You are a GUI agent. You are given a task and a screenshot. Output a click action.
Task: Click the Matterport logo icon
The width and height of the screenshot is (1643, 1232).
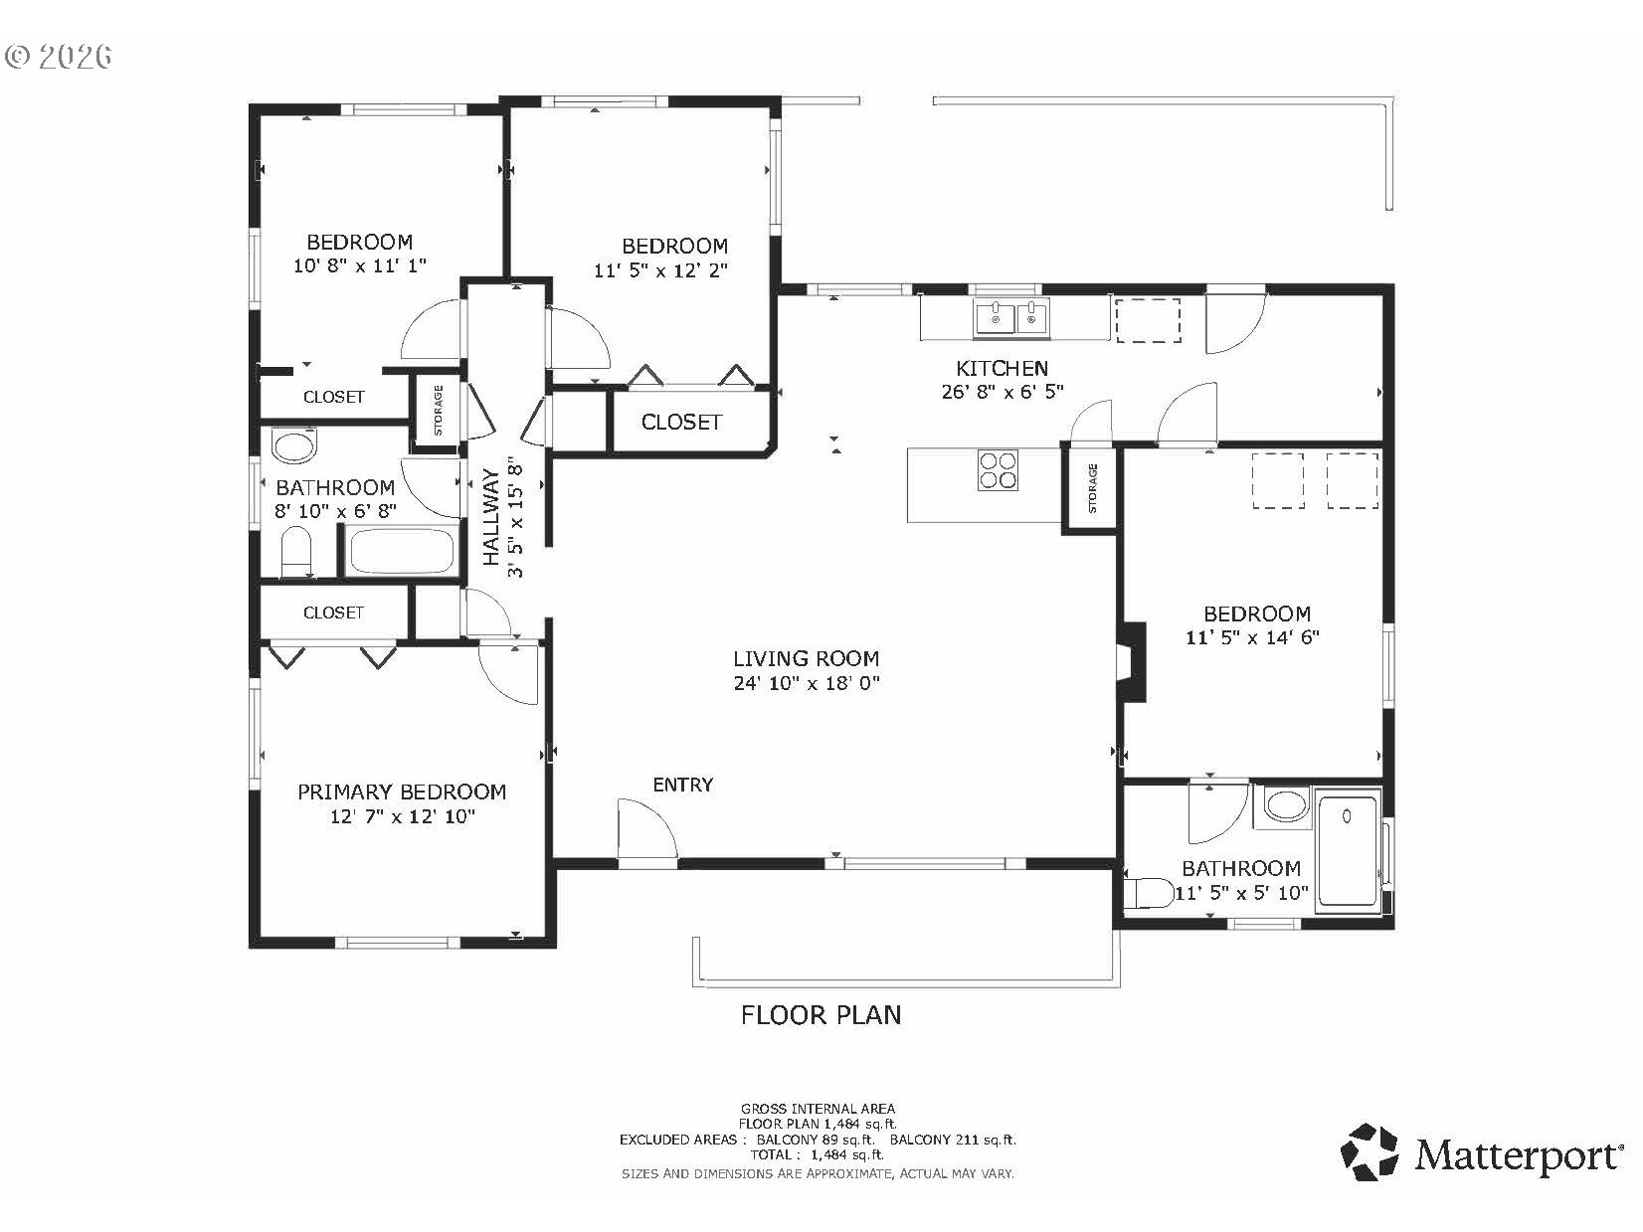[1369, 1153]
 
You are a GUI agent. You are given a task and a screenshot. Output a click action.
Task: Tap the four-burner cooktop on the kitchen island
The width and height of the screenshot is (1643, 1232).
[998, 469]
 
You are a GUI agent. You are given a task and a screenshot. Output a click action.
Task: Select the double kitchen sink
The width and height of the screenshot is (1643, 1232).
[1011, 317]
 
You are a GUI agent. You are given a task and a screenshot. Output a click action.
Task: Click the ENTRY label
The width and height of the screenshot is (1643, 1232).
[682, 785]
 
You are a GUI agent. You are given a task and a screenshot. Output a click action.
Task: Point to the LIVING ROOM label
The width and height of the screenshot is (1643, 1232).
[806, 659]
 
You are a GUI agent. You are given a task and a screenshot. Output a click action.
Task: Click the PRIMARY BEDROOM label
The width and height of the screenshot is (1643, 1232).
[402, 792]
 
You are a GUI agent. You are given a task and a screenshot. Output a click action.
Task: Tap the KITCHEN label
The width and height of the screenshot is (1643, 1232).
[1003, 368]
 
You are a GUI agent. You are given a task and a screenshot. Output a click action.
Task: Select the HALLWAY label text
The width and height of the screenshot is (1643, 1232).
[491, 517]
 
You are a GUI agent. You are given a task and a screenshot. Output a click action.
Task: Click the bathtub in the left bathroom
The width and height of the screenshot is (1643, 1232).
[403, 551]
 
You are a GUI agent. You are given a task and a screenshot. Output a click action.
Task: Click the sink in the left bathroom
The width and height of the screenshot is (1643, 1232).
[294, 446]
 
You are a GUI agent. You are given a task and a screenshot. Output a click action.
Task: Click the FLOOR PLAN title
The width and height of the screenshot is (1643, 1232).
[821, 1015]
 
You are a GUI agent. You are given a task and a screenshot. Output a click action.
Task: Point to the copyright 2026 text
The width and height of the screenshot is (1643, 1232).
[59, 56]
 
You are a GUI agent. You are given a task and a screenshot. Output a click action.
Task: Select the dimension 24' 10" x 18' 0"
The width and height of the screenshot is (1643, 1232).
[807, 682]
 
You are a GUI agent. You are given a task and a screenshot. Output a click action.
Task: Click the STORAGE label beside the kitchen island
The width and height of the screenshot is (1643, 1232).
[1093, 487]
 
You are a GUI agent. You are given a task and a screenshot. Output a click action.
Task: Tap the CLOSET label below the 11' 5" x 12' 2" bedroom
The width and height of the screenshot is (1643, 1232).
[681, 423]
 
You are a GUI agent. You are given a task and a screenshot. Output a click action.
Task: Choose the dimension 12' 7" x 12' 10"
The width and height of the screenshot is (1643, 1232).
[403, 816]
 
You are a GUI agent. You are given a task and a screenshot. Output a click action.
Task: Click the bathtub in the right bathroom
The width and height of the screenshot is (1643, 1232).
[1348, 851]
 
